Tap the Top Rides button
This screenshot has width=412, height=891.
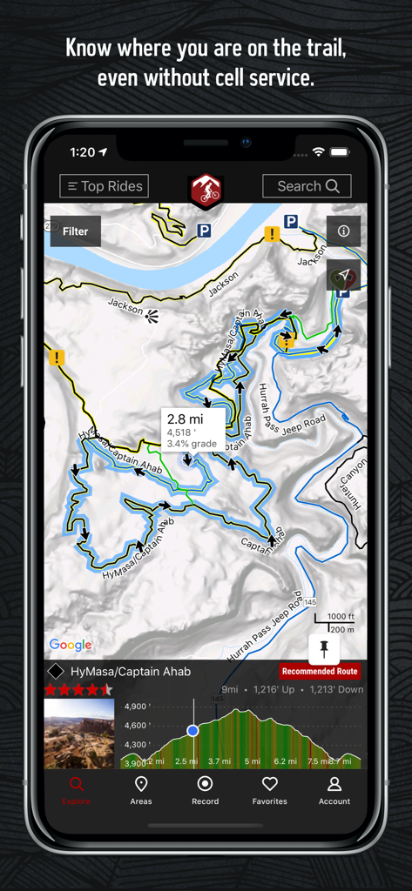pos(104,186)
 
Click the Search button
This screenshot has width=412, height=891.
pos(307,186)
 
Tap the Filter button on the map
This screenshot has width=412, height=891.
pos(75,231)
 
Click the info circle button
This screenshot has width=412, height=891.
pos(343,231)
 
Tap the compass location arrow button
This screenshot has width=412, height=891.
pos(344,275)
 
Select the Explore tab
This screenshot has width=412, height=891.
pos(77,790)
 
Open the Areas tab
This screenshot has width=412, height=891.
pos(141,790)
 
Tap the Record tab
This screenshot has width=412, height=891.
pos(205,790)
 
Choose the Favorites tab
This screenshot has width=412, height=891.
pos(269,790)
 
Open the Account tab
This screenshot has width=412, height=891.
pos(334,790)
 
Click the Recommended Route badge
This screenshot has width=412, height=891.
pos(320,671)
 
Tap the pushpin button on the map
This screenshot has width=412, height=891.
pos(323,648)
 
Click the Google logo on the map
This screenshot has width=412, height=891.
pos(71,645)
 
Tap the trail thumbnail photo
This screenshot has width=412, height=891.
pos(79,734)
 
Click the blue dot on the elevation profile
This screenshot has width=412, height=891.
pos(192,731)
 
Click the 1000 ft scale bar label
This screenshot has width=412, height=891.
pos(341,616)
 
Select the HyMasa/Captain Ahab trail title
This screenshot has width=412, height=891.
pos(131,672)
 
